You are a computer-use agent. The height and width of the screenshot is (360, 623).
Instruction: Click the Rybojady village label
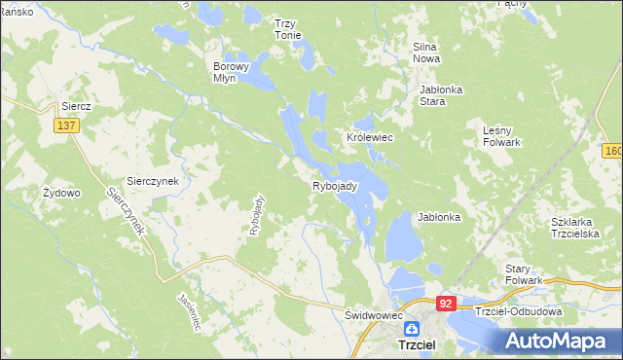[x=335, y=186]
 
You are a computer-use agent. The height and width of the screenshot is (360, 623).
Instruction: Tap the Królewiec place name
[x=369, y=138]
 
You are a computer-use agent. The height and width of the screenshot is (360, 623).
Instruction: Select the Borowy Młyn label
[x=233, y=73]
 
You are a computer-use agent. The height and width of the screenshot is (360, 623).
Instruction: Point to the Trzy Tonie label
[x=287, y=29]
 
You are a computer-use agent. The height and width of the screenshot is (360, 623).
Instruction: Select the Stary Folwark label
[x=524, y=274]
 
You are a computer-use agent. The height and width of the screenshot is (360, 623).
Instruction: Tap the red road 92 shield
[x=446, y=304]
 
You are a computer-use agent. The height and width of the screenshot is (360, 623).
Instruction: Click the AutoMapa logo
[x=563, y=341]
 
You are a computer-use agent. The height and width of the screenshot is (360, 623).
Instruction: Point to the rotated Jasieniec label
[x=189, y=313]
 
